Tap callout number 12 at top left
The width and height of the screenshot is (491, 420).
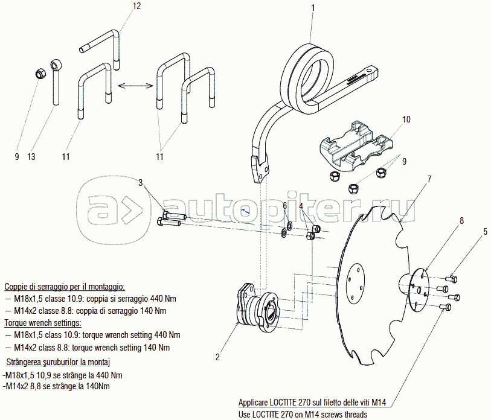[x=136, y=6]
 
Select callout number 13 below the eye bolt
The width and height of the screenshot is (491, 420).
[x=31, y=157]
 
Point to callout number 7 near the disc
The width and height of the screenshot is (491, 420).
[x=429, y=179]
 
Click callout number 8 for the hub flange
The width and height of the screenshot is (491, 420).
[x=461, y=221]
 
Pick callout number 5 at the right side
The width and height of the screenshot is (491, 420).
[x=484, y=231]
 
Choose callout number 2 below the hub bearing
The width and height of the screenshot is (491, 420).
[x=217, y=357]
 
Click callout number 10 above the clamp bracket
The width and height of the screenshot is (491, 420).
[x=406, y=119]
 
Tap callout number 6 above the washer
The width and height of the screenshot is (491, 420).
[x=284, y=206]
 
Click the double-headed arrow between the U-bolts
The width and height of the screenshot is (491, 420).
[x=134, y=86]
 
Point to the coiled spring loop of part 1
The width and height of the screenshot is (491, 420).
[x=311, y=75]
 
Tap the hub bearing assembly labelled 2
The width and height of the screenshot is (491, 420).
[x=255, y=308]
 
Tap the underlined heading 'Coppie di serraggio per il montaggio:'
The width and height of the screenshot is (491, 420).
[x=64, y=287]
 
